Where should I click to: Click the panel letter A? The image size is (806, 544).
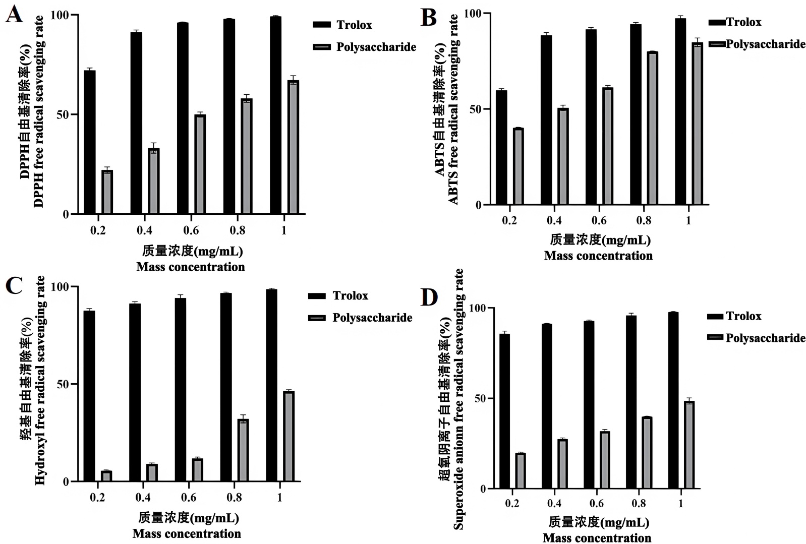(x=14, y=14)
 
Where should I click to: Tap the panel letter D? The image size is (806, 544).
(x=429, y=297)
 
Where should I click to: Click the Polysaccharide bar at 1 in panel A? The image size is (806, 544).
(x=294, y=147)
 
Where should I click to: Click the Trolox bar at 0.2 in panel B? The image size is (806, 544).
(x=501, y=147)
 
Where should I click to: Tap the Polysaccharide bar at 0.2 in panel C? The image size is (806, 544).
(x=106, y=476)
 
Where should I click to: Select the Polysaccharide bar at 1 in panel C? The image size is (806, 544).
(x=289, y=436)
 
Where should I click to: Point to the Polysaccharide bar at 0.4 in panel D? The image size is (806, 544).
(x=562, y=464)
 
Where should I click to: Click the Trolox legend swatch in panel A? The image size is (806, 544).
(x=322, y=25)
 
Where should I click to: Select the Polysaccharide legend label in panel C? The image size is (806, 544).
(x=372, y=318)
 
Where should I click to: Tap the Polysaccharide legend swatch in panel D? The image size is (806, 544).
(x=715, y=337)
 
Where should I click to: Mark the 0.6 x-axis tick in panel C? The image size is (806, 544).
(x=189, y=498)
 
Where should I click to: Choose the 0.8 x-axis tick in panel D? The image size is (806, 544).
(x=639, y=503)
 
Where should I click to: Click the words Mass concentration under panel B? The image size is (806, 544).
(x=598, y=256)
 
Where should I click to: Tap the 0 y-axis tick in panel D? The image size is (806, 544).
(x=483, y=489)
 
